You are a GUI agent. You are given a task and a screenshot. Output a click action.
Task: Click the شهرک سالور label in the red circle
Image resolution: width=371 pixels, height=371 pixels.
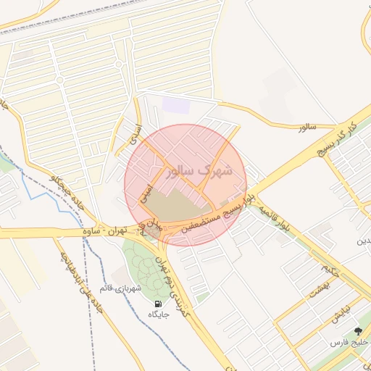[199, 172]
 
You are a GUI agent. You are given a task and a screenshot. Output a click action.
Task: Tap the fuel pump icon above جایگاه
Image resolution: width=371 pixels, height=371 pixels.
[158, 303]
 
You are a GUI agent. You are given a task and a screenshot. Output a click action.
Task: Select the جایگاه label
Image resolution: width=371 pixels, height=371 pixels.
[158, 315]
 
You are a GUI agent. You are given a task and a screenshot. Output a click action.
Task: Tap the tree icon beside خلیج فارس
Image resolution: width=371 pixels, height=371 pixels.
[358, 331]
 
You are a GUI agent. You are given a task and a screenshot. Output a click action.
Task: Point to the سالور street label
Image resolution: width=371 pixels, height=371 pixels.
[308, 128]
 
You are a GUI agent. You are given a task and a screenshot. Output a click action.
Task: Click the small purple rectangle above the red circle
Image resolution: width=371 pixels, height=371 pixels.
[175, 105]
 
